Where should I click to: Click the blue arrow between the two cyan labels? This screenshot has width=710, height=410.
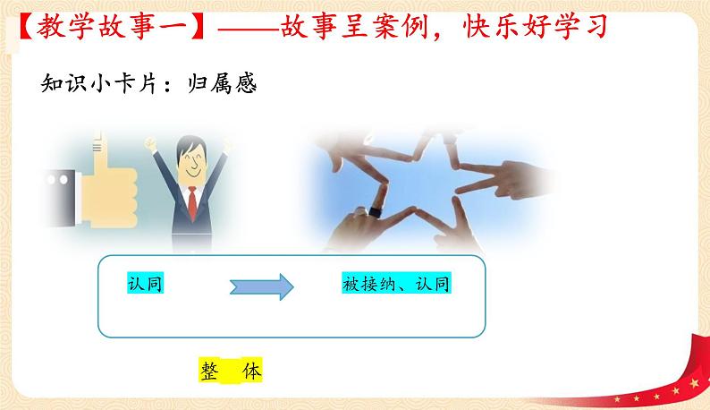click(263, 286)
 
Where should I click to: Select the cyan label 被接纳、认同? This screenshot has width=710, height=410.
click(395, 286)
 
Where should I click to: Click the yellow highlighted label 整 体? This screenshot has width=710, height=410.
click(229, 370)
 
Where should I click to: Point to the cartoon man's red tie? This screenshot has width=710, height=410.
click(190, 205)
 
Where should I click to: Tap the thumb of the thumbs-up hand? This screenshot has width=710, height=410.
click(93, 149)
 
